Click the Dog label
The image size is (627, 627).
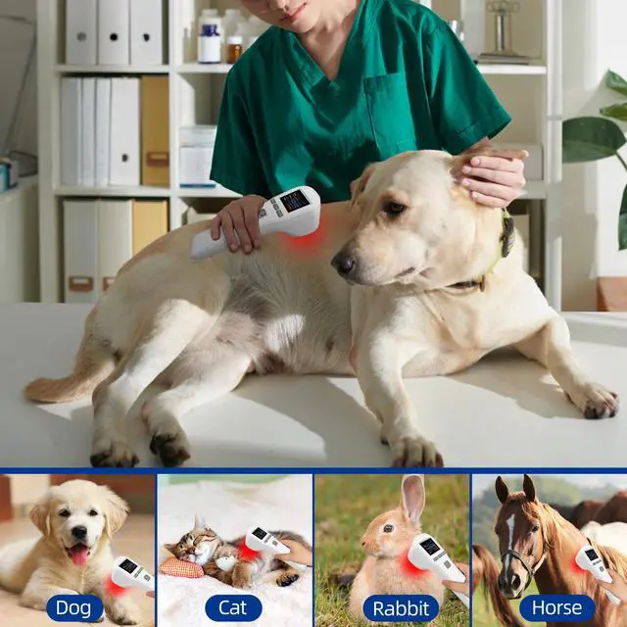click(x=73, y=608)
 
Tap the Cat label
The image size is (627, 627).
click(x=233, y=608)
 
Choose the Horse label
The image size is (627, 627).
click(x=556, y=608)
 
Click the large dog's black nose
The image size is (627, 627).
click(x=343, y=263)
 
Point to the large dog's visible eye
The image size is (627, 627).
click(x=394, y=208)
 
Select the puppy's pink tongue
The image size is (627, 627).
click(x=78, y=555)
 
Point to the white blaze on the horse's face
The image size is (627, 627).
click(x=509, y=534)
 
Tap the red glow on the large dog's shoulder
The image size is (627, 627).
click(x=304, y=240)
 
